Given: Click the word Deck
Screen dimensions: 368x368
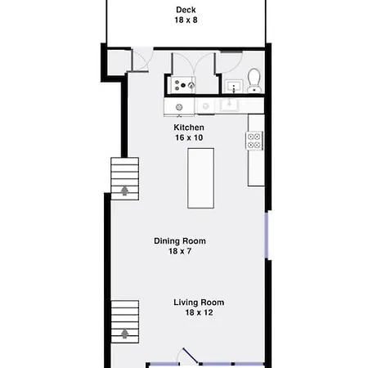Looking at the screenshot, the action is coord(186,10).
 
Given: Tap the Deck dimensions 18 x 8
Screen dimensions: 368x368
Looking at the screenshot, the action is coord(186,20).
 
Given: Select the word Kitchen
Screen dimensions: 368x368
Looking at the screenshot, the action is coord(189,128).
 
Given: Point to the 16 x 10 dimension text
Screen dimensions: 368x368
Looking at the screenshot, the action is coord(189,137).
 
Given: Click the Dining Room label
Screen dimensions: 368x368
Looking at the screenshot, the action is coord(180,241).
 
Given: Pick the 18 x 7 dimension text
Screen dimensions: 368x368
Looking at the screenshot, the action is coord(180,251).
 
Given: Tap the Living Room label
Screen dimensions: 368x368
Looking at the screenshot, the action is coord(199,303).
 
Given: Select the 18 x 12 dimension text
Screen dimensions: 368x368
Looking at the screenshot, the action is coord(199,312).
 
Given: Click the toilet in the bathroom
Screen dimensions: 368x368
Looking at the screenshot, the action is coord(254,80).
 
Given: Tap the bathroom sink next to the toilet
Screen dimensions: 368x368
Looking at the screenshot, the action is coord(234,86).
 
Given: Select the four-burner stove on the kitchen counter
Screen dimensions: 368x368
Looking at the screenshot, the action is coord(254,141).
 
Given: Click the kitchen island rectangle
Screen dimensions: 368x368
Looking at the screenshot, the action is coord(201,178).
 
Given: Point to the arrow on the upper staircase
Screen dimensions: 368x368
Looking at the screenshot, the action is coord(125,191).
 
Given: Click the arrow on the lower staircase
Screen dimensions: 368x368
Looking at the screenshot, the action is coord(125,334).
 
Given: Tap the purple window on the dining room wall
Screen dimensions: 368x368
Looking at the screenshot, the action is coord(267,235).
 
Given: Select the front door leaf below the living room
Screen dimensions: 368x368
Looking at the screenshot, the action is coord(190,356).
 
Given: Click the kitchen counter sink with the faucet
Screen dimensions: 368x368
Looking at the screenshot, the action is coord(229,105).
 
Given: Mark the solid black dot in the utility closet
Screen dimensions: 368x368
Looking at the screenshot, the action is coord(183,85).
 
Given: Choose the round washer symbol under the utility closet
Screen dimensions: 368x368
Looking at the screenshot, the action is coord(179,107).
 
